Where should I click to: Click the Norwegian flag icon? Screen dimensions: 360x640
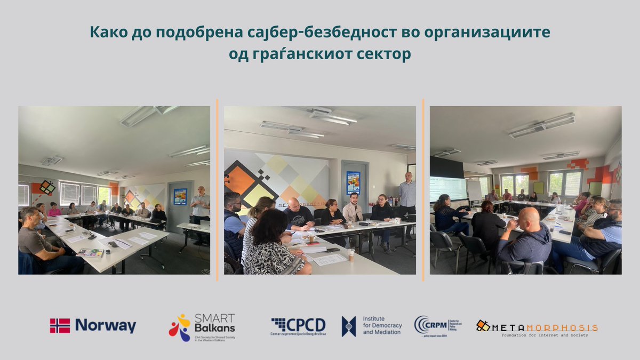pos(60,326)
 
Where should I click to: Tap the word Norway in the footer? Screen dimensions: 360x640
pos(106,326)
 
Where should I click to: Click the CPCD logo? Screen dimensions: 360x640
pos(298,325)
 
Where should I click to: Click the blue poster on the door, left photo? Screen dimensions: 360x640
pos(180,196)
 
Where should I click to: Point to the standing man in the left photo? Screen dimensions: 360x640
pos(201,208)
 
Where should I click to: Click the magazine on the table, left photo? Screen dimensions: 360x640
pos(90,252)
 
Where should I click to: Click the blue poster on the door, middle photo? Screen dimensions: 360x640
pos(353,182)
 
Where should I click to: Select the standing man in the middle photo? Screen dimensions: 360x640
pos(407,197)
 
